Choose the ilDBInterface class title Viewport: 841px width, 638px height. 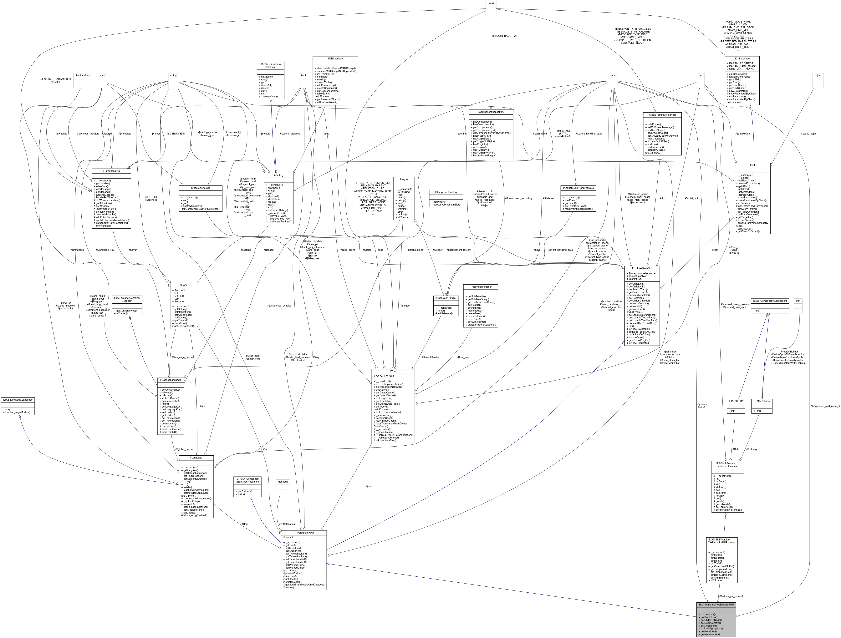(335, 58)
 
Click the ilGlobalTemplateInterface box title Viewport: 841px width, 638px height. (662, 114)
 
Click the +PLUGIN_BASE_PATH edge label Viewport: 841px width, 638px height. (505, 36)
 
